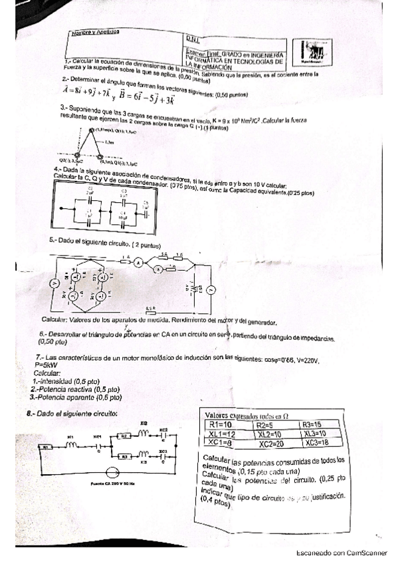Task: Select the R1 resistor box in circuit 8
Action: pos(47,448)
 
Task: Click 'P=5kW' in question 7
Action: pos(45,365)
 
